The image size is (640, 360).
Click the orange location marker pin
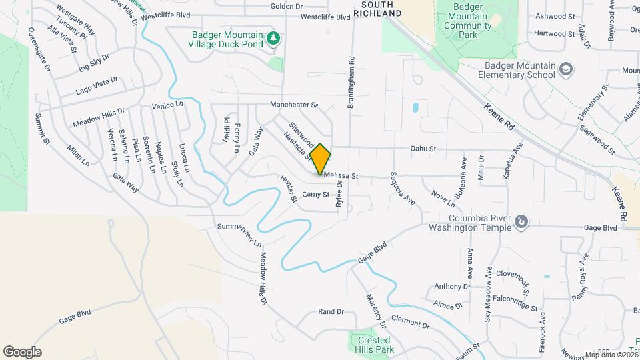coord(321,159)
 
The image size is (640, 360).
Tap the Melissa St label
coord(341,176)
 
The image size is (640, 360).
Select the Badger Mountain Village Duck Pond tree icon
coord(273,39)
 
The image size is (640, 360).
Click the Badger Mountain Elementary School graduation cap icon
coord(566,69)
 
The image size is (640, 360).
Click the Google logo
coord(22,351)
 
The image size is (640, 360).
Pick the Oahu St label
coord(423,149)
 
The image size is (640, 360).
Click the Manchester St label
coord(294,105)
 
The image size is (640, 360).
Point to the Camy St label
coord(316,195)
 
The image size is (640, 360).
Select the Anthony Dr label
coord(452,287)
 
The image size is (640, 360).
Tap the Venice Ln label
coord(167,105)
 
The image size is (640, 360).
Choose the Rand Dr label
coord(331,311)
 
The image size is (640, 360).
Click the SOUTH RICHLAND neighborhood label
coord(381,9)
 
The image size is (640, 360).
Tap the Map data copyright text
coord(611,355)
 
